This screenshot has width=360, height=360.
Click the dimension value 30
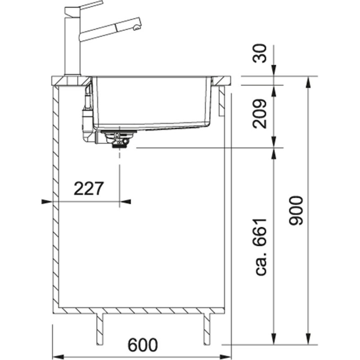[260, 53]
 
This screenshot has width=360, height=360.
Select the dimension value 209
[260, 114]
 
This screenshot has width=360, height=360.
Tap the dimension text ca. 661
[261, 247]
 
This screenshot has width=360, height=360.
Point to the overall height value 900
[296, 211]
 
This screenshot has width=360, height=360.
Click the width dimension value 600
[143, 345]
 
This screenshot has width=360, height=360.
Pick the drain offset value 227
[89, 189]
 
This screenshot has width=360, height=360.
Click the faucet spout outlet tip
[137, 27]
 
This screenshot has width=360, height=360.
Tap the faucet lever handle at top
[84, 8]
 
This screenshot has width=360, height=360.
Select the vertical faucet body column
[72, 45]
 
